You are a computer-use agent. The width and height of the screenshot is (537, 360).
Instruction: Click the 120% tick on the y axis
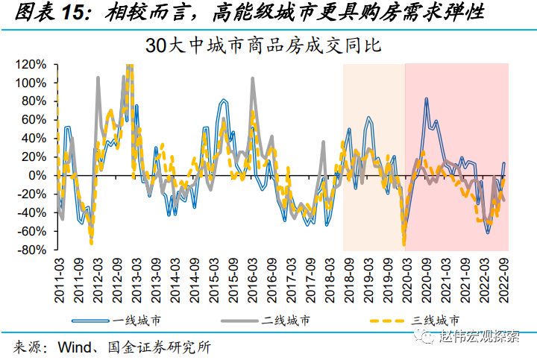coord(33,64)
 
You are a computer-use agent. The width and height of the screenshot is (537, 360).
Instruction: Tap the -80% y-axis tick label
coord(34,250)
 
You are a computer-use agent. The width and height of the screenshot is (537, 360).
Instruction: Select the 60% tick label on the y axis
coord(37,120)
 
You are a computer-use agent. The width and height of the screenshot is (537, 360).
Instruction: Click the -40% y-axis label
coord(34,213)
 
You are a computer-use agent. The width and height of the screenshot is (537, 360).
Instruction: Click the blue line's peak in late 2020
coord(426,98)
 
